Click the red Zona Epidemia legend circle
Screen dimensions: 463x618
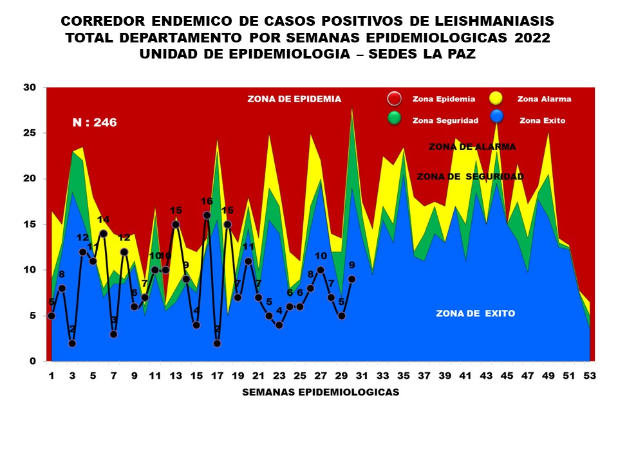tap(395, 98)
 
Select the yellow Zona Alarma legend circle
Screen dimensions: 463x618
tap(496, 98)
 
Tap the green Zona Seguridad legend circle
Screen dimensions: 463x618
tap(395, 119)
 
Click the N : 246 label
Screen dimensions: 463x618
tap(94, 122)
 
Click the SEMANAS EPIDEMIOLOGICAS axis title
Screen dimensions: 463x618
tap(321, 392)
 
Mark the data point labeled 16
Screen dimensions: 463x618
tap(207, 215)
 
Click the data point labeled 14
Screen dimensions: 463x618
tap(103, 233)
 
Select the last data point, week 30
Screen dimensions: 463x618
tap(351, 279)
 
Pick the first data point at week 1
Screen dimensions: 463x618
tap(51, 316)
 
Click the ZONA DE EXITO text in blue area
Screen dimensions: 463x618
tap(475, 314)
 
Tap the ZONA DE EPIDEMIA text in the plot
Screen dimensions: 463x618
tap(294, 99)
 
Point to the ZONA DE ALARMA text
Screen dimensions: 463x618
tap(473, 147)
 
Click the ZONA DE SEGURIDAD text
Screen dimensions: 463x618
tap(470, 176)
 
